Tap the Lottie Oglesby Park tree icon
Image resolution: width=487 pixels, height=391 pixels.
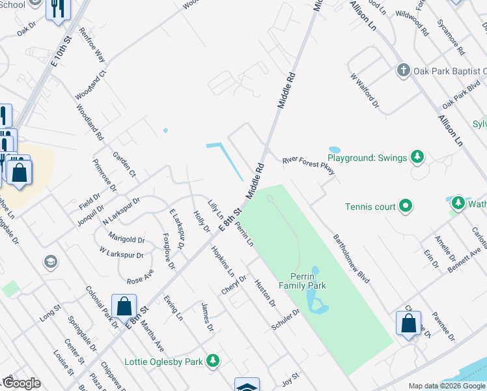click(212, 360)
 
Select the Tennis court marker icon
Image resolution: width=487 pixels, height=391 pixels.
click(406, 207)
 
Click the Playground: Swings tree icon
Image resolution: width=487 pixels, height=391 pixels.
click(417, 157)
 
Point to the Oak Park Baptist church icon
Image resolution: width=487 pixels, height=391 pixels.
click(403, 70)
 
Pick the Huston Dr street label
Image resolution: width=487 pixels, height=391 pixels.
click(265, 293)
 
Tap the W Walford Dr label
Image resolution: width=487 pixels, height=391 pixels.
click(364, 89)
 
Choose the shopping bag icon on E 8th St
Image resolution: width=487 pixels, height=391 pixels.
click(124, 306)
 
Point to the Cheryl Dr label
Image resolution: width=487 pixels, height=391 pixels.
click(234, 285)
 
